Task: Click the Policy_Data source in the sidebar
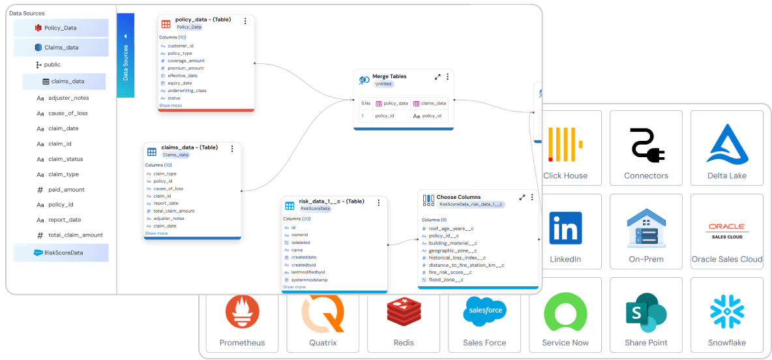(x=61, y=28)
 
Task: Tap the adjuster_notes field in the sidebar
(x=68, y=98)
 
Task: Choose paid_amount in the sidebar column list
(x=66, y=189)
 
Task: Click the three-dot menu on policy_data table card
(x=245, y=21)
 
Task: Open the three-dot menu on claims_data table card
(x=232, y=149)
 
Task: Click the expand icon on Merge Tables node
(x=438, y=77)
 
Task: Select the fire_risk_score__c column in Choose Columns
(x=451, y=272)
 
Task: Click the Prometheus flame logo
(x=242, y=312)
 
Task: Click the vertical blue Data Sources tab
(x=126, y=56)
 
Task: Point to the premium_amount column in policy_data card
(x=185, y=68)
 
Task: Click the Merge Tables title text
(x=389, y=76)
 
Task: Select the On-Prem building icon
(x=646, y=228)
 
